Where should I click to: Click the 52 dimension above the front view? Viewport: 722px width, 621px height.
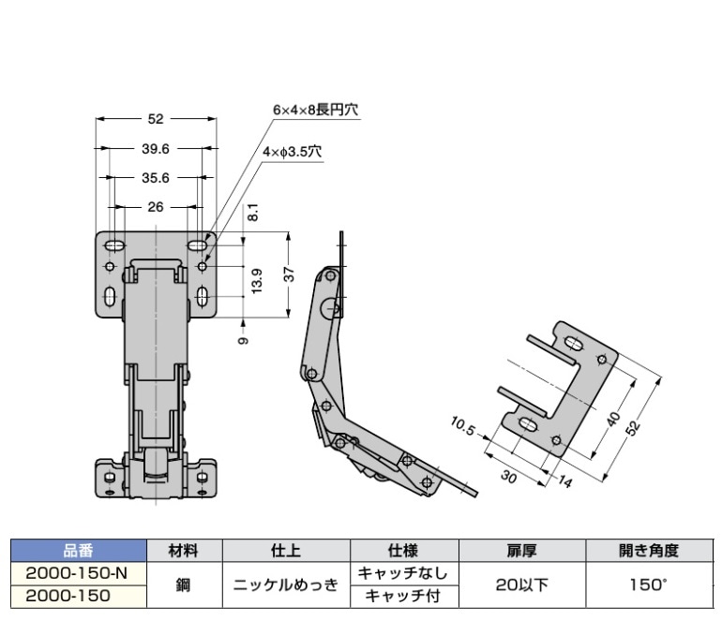click(x=156, y=119)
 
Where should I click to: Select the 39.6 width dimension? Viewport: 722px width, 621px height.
click(x=156, y=148)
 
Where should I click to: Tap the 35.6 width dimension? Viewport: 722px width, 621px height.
click(x=156, y=177)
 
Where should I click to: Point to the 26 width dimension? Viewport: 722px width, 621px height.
click(x=156, y=206)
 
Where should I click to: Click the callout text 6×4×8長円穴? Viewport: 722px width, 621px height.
click(x=316, y=110)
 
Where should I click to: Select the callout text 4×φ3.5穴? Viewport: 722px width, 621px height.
click(x=293, y=150)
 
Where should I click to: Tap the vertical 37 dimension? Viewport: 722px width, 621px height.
click(x=291, y=274)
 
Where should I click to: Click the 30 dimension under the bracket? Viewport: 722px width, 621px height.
click(x=508, y=477)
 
